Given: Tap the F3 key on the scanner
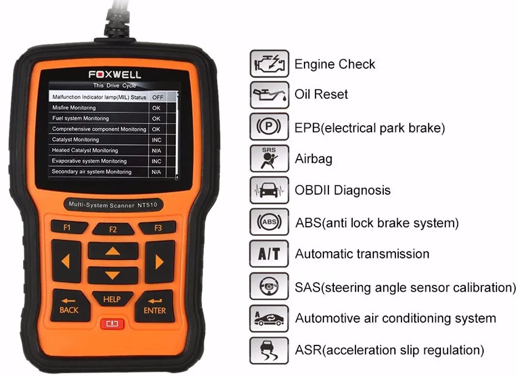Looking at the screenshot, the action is [157, 227].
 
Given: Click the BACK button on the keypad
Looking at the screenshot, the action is [69, 304].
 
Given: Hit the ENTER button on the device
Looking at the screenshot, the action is [155, 304].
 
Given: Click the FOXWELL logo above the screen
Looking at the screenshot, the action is [114, 74].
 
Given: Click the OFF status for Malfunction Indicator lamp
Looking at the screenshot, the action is [157, 97].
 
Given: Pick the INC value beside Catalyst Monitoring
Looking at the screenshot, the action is [156, 140].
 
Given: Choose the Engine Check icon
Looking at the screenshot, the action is [269, 64].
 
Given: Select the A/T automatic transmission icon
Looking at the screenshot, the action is [269, 255].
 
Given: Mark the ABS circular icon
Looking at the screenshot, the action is [269, 223].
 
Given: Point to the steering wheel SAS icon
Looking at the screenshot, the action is [269, 287].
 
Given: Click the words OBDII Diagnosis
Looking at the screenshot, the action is [342, 191].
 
